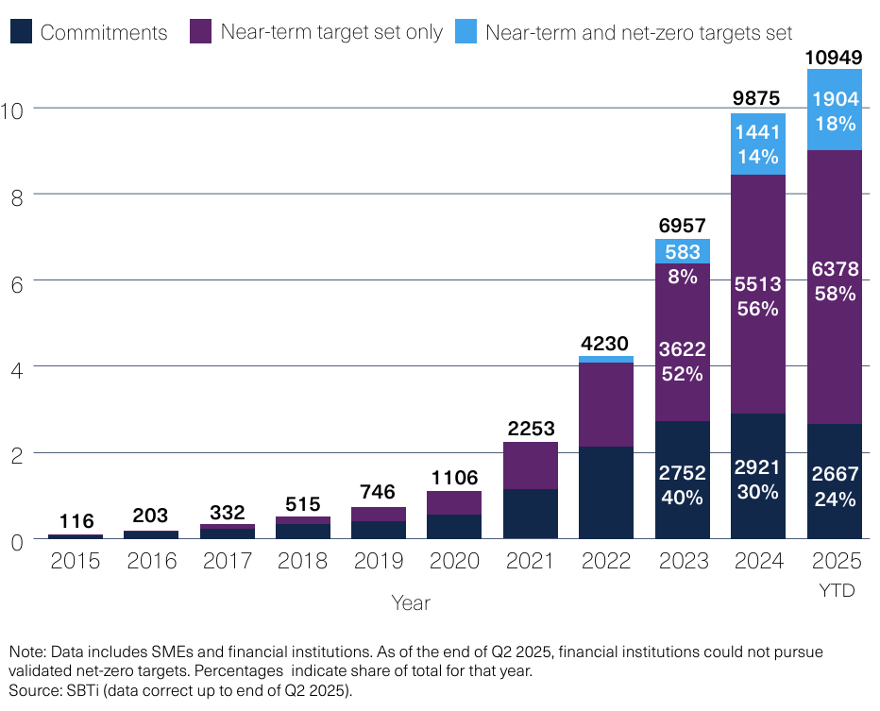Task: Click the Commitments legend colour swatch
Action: point(21,32)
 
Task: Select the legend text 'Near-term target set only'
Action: point(330,32)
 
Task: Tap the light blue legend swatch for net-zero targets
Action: point(465,32)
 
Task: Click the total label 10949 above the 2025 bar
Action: point(834,59)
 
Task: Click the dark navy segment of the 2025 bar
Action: point(835,481)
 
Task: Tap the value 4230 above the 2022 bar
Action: point(606,343)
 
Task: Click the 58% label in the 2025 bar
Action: point(835,294)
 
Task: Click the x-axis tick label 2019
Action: point(379,562)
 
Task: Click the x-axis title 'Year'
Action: point(411,601)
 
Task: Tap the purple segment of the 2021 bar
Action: point(530,466)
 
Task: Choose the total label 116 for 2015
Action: point(76,521)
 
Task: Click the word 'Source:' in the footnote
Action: point(32,690)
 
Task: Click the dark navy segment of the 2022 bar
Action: point(606,492)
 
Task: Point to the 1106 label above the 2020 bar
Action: point(454,478)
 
